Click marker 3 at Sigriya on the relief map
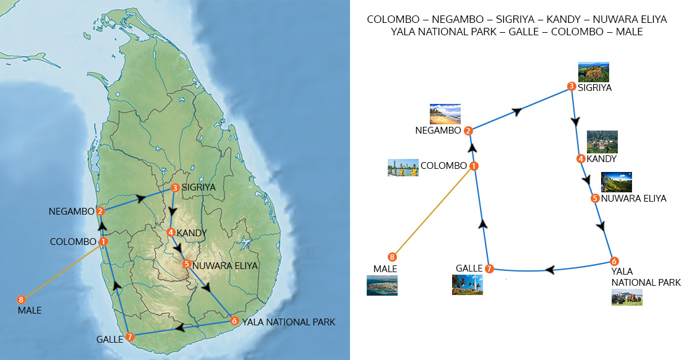coord(175,187)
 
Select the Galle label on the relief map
coord(109,340)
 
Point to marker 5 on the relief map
coord(186,264)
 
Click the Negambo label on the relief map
coord(71,212)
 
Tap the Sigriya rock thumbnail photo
coord(594,72)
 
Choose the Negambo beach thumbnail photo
coord(445,114)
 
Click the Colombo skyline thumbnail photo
coord(403,168)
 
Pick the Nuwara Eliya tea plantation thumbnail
coord(617,182)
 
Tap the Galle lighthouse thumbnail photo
coord(467,285)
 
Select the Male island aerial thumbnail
coord(382,285)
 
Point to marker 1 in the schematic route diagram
coord(474,166)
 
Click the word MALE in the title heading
coord(630,32)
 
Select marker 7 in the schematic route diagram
coord(489,268)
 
